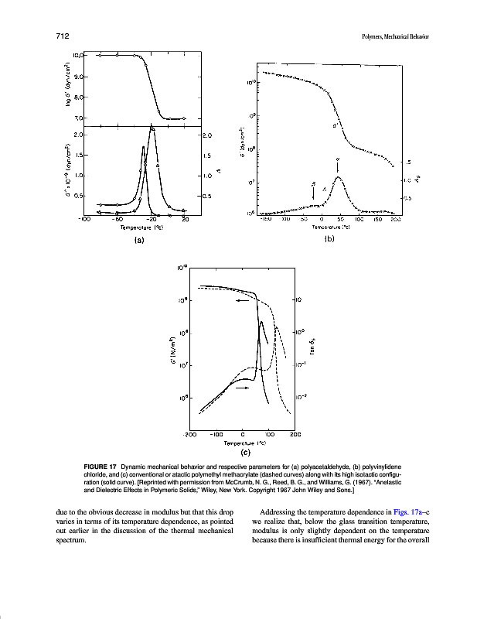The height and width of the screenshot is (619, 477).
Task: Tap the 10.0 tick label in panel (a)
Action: tap(78, 56)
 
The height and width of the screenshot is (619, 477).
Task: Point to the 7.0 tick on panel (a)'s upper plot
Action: tap(80, 118)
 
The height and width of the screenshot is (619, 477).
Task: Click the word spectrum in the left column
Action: tap(73, 540)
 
